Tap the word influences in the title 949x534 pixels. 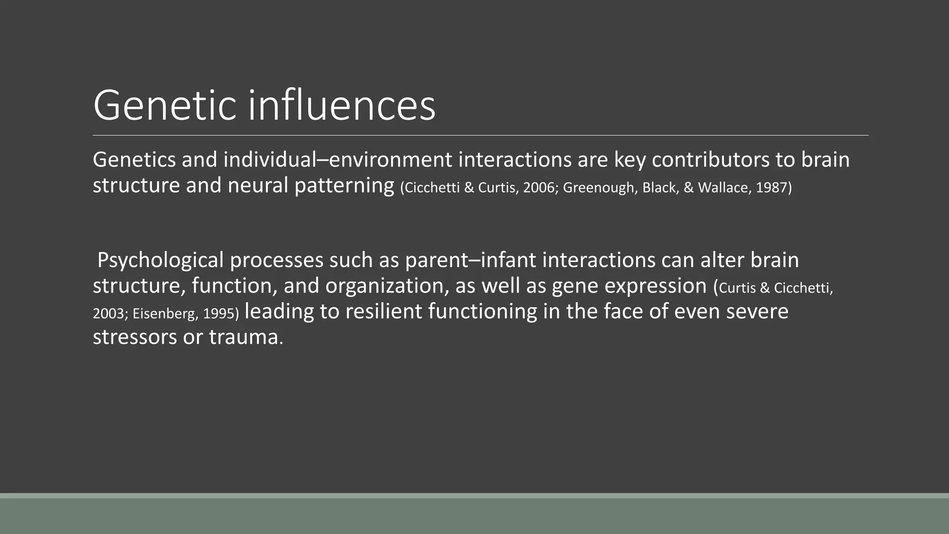(342, 106)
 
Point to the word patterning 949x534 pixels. (344, 185)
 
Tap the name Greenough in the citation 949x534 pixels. (600, 188)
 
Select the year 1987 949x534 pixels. (773, 188)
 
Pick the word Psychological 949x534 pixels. (160, 261)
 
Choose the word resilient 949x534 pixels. (383, 311)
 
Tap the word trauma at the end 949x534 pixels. (244, 337)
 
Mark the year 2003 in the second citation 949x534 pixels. (108, 314)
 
